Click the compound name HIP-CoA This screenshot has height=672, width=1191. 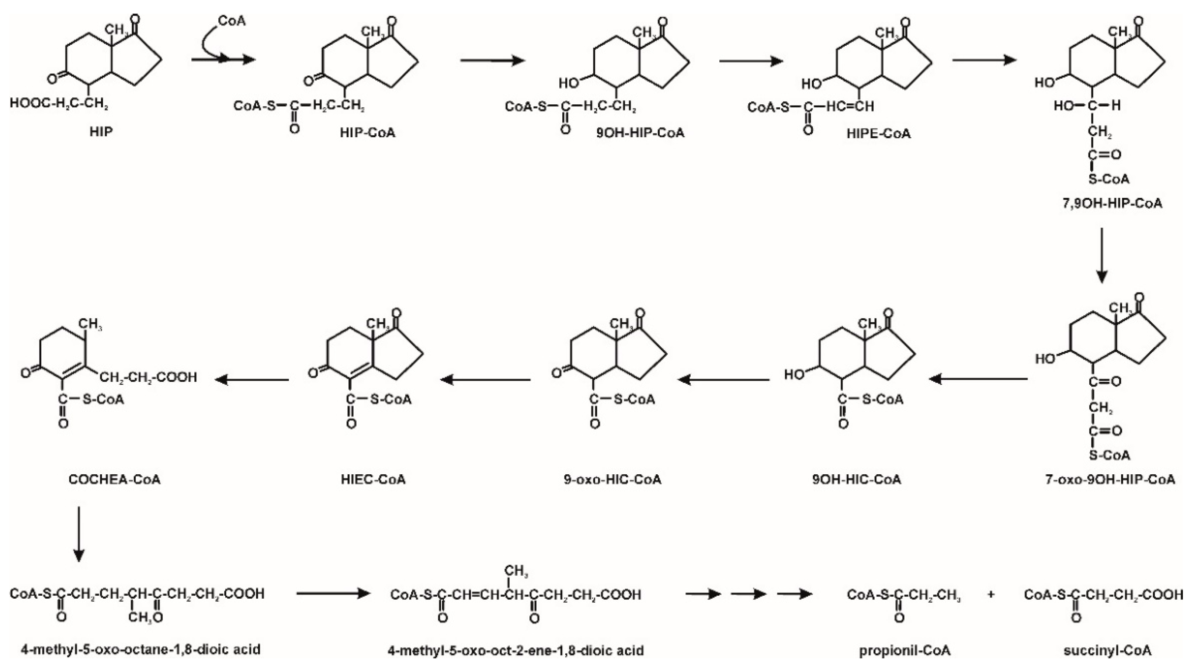click(x=368, y=133)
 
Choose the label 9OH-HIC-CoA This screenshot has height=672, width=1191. click(x=857, y=479)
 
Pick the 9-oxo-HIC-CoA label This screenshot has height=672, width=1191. click(x=612, y=479)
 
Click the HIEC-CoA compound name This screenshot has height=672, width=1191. click(x=373, y=479)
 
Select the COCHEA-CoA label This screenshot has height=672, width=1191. click(x=114, y=479)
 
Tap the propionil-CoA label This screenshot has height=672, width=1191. click(x=905, y=651)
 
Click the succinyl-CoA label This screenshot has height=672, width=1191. click(x=1107, y=651)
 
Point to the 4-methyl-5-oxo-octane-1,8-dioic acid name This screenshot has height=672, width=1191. click(x=140, y=650)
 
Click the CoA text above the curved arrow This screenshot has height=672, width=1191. click(x=232, y=21)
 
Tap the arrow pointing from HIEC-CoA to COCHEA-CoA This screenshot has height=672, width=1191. click(x=252, y=380)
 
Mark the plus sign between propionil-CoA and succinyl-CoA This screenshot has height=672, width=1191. click(x=990, y=594)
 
